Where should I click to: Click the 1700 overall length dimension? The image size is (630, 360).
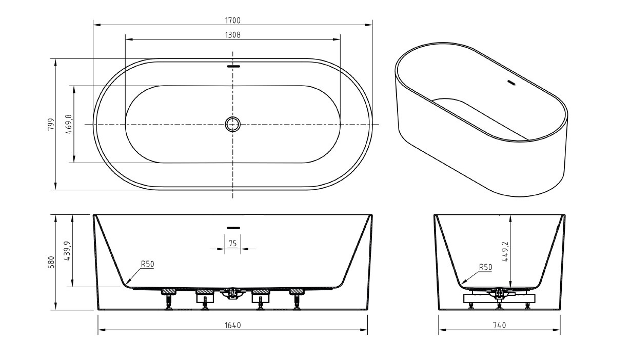232,21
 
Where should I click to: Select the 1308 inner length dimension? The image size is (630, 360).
232,35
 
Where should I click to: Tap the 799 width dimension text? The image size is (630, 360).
51,124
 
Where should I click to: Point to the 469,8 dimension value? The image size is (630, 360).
69,124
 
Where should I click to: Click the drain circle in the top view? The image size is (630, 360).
232,124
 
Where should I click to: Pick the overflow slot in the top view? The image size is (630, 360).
233,67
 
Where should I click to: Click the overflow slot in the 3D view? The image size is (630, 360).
511,83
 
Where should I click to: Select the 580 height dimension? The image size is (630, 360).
51,262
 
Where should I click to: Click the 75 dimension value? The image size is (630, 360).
232,244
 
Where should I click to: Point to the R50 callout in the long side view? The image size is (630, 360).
147,264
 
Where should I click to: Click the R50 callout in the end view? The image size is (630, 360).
485,267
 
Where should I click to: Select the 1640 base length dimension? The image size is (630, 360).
233,326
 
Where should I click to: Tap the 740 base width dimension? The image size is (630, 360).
500,326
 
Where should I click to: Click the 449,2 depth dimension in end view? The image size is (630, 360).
505,252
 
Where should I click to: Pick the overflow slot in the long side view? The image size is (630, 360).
233,228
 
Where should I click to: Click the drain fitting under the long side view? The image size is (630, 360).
232,294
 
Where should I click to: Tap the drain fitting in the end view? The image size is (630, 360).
499,293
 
